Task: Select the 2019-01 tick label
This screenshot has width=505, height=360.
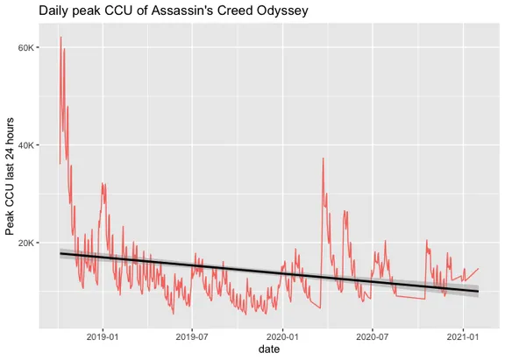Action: click(x=103, y=336)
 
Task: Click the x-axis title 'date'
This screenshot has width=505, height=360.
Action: click(x=270, y=349)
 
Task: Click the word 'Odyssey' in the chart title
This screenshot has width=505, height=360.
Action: click(x=278, y=11)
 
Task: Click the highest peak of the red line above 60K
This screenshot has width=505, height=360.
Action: click(x=60, y=37)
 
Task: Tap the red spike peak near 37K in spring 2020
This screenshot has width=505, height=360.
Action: click(x=324, y=158)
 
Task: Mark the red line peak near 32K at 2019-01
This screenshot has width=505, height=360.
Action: click(x=103, y=183)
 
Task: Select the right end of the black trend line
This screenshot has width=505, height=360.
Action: click(x=478, y=291)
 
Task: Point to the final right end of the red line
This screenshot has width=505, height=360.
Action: click(x=478, y=269)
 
